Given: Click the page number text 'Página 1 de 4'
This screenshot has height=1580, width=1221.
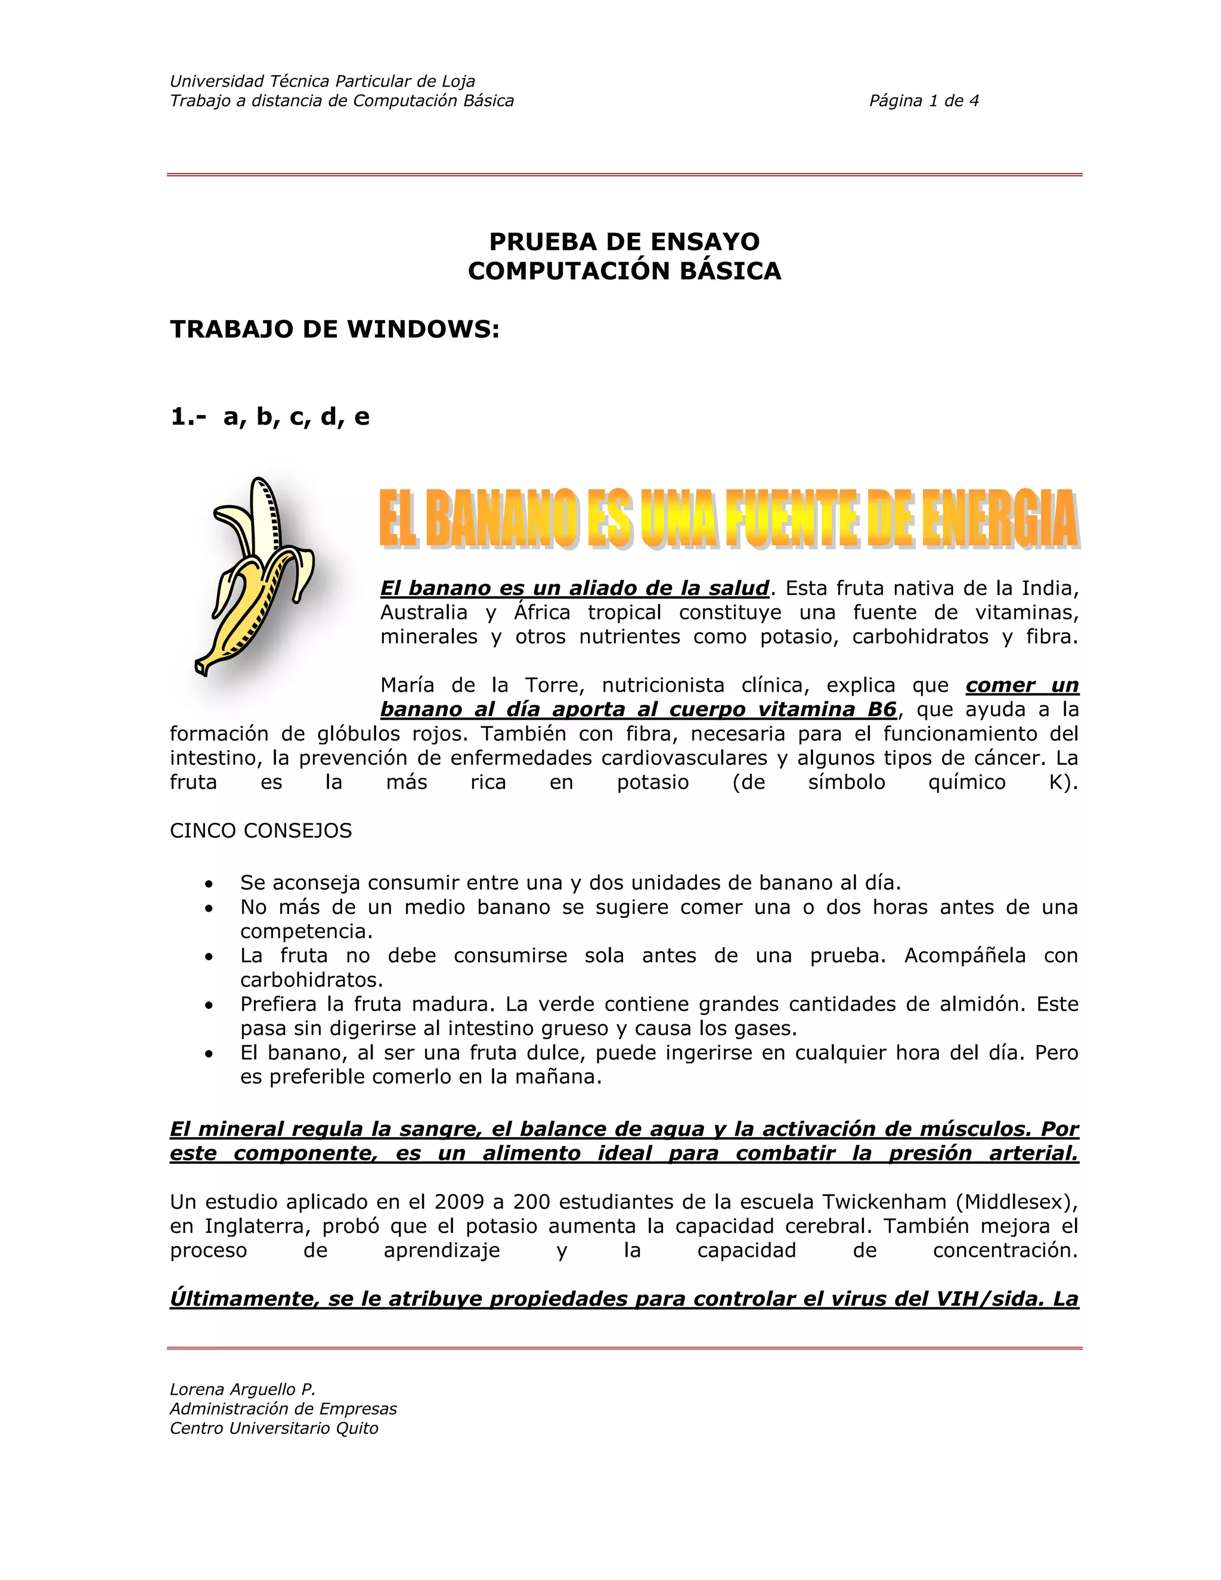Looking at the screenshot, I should pos(924,101).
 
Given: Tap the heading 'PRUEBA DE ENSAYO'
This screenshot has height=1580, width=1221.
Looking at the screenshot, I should pos(624,241).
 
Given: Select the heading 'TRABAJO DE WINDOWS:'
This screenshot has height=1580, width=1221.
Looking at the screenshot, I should pos(335,329).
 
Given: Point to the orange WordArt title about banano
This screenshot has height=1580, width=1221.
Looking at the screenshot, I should pos(729,518).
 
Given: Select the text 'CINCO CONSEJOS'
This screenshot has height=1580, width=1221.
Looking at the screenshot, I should pos(261,831).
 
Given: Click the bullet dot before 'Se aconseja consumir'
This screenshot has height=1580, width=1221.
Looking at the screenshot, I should pos(209,884).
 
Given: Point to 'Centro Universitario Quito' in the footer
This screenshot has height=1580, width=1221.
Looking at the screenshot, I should pos(274,1428).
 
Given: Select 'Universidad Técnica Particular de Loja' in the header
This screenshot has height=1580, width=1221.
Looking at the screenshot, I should pos(322,81).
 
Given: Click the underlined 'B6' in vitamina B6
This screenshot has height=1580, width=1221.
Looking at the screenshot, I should pos(882,709).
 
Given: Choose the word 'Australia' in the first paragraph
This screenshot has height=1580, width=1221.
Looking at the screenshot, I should pos(424,613).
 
